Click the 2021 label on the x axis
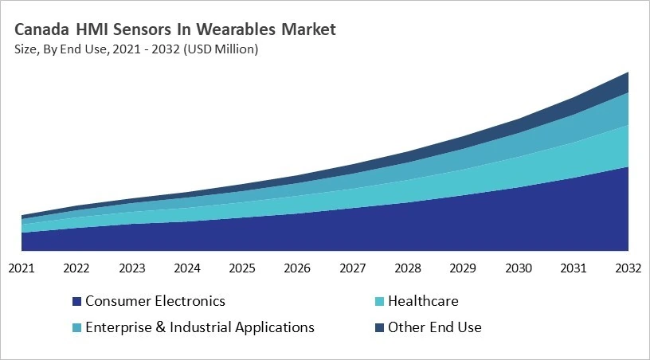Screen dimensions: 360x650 [x=22, y=268]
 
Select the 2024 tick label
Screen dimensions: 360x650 [x=187, y=268]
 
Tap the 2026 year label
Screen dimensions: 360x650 [x=297, y=268]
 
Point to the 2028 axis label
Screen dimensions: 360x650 [x=408, y=268]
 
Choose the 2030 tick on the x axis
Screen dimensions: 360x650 [x=518, y=268]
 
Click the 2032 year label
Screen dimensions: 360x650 [x=628, y=268]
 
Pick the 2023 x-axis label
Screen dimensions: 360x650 [x=131, y=268]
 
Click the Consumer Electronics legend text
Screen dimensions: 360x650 [x=155, y=301]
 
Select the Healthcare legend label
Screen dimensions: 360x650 [x=423, y=301]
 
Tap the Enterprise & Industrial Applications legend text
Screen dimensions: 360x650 [x=199, y=327]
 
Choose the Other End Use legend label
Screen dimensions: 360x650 [x=434, y=327]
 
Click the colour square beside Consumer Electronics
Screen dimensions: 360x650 [x=76, y=302]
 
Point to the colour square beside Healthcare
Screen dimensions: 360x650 [x=379, y=302]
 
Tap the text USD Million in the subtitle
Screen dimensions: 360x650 [x=223, y=49]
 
